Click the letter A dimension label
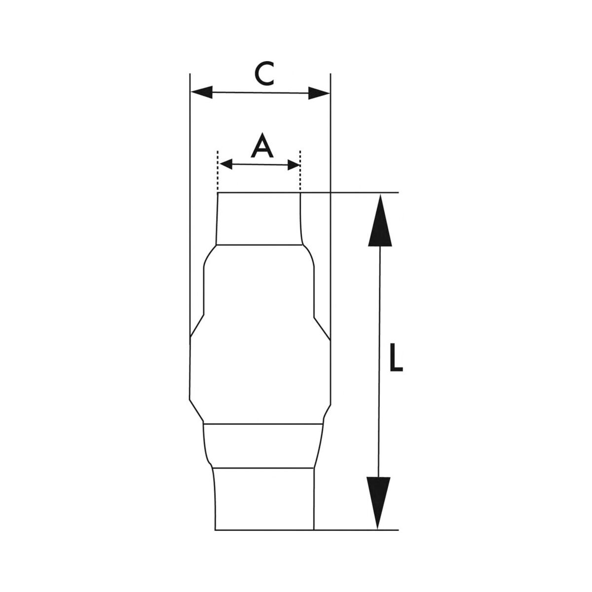262,146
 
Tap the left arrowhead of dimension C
202,92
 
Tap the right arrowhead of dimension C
319,93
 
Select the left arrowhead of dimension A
226,165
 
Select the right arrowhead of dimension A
294,165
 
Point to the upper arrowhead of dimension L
380,220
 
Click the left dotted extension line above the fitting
218,171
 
